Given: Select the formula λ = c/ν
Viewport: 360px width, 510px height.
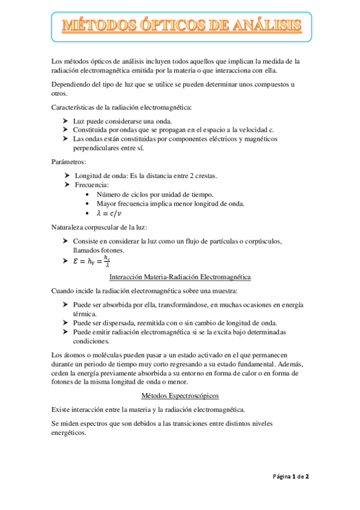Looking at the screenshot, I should (x=112, y=214).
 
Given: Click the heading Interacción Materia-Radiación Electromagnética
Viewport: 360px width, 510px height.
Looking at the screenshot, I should (x=180, y=277).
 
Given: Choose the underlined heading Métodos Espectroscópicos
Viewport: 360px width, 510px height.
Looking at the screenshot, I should (x=180, y=395).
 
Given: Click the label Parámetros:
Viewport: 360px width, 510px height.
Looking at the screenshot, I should (x=69, y=162).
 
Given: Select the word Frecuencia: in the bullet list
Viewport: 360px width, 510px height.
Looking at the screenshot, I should (x=91, y=185).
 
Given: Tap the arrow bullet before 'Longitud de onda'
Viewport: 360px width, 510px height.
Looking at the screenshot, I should (x=66, y=176).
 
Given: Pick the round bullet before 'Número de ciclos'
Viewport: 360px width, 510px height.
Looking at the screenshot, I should (x=88, y=194).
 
